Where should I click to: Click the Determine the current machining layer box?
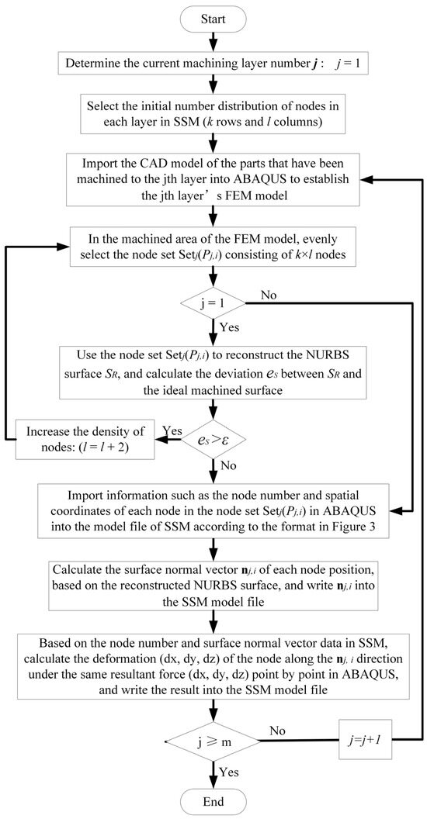[x=212, y=61]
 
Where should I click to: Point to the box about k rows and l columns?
[x=212, y=111]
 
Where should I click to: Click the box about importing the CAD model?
[x=212, y=178]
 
